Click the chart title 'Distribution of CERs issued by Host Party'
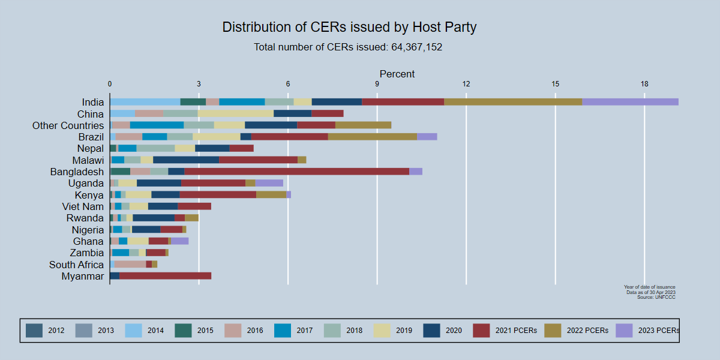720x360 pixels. coord(349,27)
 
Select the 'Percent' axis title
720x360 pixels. coord(397,74)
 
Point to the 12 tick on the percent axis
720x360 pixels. coord(466,83)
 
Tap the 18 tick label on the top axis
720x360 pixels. coord(644,83)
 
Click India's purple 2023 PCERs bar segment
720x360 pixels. coord(630,102)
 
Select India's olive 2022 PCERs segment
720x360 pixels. coord(513,102)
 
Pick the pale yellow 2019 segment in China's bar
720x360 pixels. coord(236,113)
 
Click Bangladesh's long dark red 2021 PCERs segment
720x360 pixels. coord(296,172)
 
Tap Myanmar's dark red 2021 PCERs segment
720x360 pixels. coord(165,276)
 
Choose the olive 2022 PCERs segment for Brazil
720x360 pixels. coord(373,137)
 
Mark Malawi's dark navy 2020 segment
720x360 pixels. coord(186,160)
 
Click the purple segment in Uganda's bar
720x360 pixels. coord(269,183)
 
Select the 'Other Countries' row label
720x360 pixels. coord(68,125)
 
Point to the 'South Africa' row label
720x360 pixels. coord(76,265)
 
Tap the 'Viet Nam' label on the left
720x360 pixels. coord(83,206)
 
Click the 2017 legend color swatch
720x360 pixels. coord(283,330)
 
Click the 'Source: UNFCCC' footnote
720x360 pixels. coord(656,297)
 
